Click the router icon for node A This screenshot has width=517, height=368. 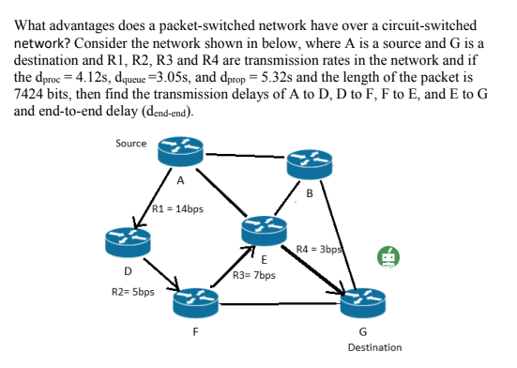pyautogui.click(x=179, y=149)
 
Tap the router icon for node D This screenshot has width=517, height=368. pyautogui.click(x=128, y=242)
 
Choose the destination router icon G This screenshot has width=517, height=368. pyautogui.click(x=361, y=303)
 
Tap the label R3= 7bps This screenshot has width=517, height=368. pyautogui.click(x=254, y=277)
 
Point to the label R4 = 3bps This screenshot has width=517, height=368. pyautogui.click(x=317, y=249)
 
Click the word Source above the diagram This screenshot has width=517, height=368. pyautogui.click(x=129, y=143)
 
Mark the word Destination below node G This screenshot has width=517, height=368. pyautogui.click(x=373, y=347)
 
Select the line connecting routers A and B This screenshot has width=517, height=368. pyautogui.click(x=244, y=154)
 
